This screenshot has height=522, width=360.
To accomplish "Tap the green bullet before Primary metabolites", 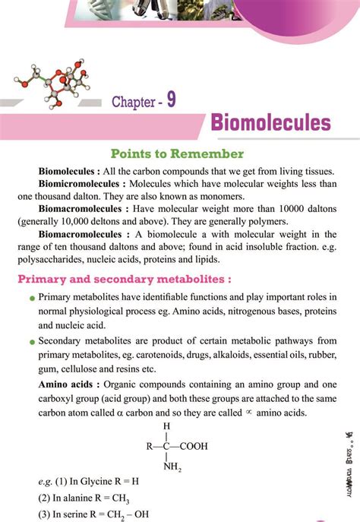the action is coord(31,298).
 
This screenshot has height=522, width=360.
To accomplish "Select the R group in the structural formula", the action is coord(149,447).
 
